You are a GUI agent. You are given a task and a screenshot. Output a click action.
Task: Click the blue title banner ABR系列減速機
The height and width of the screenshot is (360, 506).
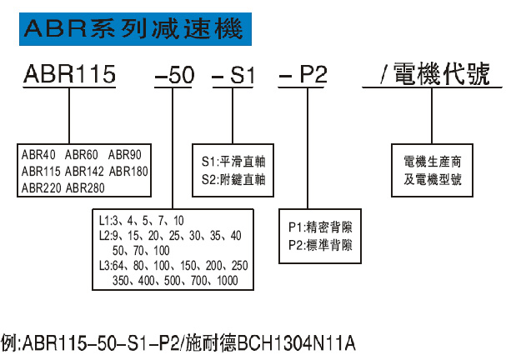(x=133, y=30)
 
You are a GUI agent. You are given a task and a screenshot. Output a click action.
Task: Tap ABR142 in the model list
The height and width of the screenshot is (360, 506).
(x=84, y=172)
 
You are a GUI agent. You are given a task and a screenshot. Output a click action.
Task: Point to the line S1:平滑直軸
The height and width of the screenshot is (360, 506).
(x=233, y=162)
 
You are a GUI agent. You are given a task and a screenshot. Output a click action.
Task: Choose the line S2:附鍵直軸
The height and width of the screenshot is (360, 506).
(x=233, y=178)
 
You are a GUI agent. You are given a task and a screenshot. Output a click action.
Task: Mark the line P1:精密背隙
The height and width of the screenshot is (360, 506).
(x=320, y=227)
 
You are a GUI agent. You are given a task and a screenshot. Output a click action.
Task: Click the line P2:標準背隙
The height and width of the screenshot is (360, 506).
(x=320, y=245)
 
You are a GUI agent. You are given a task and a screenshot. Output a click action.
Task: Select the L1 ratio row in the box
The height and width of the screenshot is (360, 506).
(x=142, y=221)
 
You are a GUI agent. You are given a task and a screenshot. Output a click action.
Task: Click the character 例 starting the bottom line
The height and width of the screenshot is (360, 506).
(x=9, y=342)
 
